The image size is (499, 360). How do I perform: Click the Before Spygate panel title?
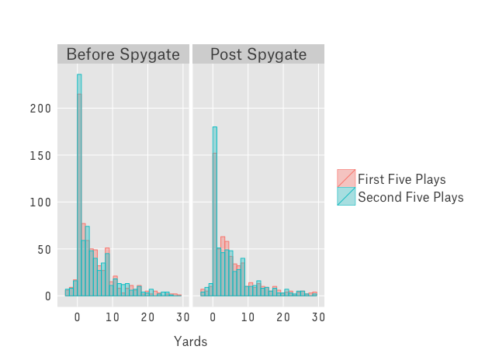123,54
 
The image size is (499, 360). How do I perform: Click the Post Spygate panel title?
258,54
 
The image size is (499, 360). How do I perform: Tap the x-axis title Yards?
191,341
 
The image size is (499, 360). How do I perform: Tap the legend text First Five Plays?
401,179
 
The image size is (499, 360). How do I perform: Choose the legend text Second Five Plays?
411,197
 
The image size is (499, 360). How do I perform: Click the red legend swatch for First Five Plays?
346,178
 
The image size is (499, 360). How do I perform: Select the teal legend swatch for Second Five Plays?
346,197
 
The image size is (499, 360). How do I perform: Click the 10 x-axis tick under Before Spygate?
113,317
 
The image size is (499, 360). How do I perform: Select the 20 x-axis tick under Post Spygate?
282,317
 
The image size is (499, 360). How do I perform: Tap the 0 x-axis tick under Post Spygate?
213,317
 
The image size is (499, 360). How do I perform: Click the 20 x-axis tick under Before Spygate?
147,317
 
